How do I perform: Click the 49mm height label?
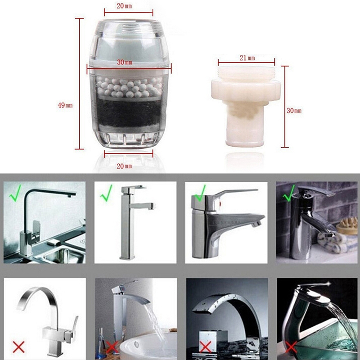click(65, 105)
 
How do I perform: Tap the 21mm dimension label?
click(247, 58)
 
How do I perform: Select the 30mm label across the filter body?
click(125, 62)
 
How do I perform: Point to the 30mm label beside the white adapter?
click(294, 111)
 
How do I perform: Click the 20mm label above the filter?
click(124, 6)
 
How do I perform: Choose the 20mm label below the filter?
click(124, 166)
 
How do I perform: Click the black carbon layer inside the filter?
click(129, 113)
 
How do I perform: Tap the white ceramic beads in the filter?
click(129, 87)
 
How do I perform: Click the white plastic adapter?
click(246, 106)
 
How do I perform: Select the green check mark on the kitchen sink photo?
click(15, 193)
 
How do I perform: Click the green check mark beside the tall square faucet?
click(106, 193)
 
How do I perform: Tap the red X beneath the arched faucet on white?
click(18, 346)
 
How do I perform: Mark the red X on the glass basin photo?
click(291, 346)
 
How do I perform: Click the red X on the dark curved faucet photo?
click(205, 346)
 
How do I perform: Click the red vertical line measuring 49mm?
click(80, 84)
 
